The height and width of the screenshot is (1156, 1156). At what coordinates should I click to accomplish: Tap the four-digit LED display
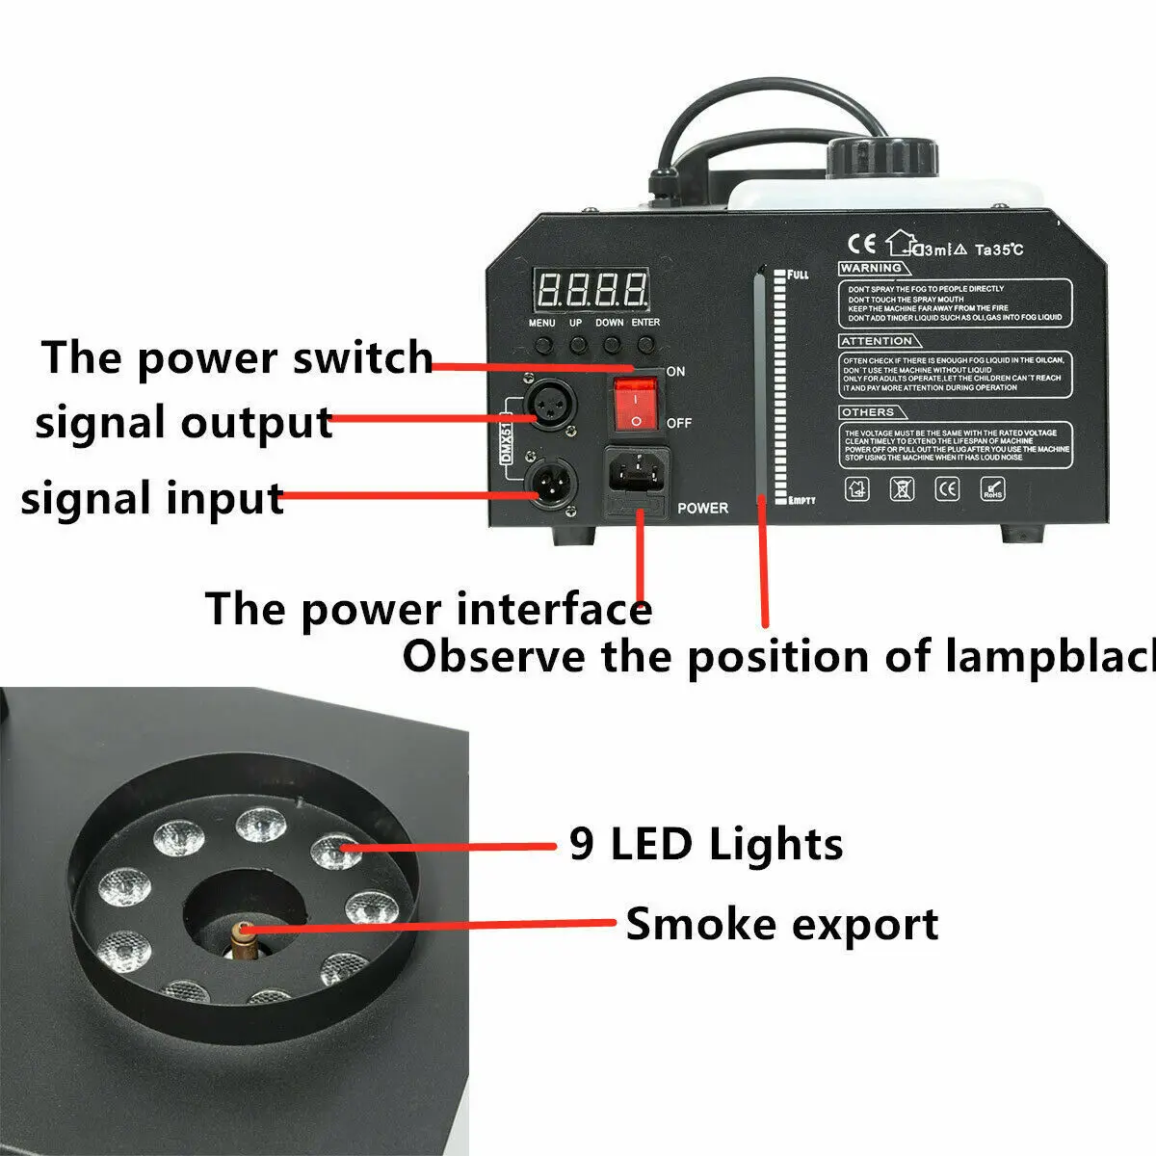pyautogui.click(x=591, y=288)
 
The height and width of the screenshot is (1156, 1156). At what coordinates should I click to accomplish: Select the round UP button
pyautogui.click(x=578, y=344)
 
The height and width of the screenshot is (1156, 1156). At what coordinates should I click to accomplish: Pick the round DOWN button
pyautogui.click(x=611, y=344)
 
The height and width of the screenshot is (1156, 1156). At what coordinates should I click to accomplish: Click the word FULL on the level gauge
pyautogui.click(x=798, y=276)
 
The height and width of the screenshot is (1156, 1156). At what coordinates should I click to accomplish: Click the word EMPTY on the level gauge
pyautogui.click(x=801, y=501)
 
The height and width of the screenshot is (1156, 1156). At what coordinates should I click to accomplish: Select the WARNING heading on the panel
pyautogui.click(x=870, y=268)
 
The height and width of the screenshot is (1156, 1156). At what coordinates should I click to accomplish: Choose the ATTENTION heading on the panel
pyautogui.click(x=876, y=341)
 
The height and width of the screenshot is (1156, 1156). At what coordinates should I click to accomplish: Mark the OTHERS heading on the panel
pyautogui.click(x=867, y=412)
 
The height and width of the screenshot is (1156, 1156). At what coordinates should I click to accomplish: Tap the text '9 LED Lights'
pyautogui.click(x=706, y=844)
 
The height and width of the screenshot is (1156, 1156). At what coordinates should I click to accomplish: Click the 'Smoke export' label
pyautogui.click(x=781, y=924)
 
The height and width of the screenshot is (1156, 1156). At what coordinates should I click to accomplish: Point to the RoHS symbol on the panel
pyautogui.click(x=991, y=489)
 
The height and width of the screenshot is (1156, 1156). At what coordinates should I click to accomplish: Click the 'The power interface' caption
pyautogui.click(x=428, y=609)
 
